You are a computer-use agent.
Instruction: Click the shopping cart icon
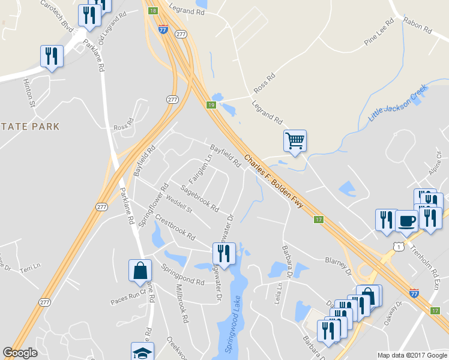coord(295,141)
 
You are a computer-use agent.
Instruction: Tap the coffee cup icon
coord(406,220)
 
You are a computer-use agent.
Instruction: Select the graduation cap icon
coord(142,353)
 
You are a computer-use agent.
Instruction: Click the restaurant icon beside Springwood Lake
coord(223,252)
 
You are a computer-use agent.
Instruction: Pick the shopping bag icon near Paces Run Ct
coord(140,271)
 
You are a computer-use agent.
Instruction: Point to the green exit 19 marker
coord(211,104)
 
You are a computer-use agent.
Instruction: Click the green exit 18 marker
coord(152,11)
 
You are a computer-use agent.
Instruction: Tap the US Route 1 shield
coord(398,247)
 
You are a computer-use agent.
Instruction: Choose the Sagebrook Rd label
coord(199,198)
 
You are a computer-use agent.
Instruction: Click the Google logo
coord(20,353)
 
